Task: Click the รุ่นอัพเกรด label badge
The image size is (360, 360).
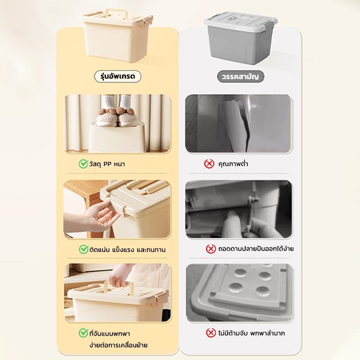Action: click(x=117, y=76)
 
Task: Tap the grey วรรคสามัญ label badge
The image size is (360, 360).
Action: click(x=240, y=76)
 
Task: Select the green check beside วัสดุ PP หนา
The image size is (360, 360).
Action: click(x=83, y=164)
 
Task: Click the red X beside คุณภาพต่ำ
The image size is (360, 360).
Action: click(x=209, y=164)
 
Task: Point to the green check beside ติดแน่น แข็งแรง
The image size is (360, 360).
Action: click(x=84, y=249)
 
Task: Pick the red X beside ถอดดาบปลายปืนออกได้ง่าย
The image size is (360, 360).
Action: click(x=211, y=249)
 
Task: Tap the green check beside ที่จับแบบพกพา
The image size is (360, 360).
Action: click(x=83, y=333)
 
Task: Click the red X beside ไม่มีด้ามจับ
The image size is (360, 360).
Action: click(x=211, y=333)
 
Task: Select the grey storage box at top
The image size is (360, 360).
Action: click(x=240, y=38)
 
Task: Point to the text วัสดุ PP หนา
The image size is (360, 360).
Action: click(x=107, y=164)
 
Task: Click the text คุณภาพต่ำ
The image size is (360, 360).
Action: click(x=233, y=164)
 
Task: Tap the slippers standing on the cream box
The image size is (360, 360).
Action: click(x=117, y=117)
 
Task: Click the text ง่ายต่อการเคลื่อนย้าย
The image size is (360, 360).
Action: click(x=118, y=345)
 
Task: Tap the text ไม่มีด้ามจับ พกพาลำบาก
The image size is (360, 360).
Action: click(x=252, y=333)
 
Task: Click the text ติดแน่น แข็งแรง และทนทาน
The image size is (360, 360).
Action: click(x=127, y=250)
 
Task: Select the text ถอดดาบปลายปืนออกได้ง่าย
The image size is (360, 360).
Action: click(x=256, y=249)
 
